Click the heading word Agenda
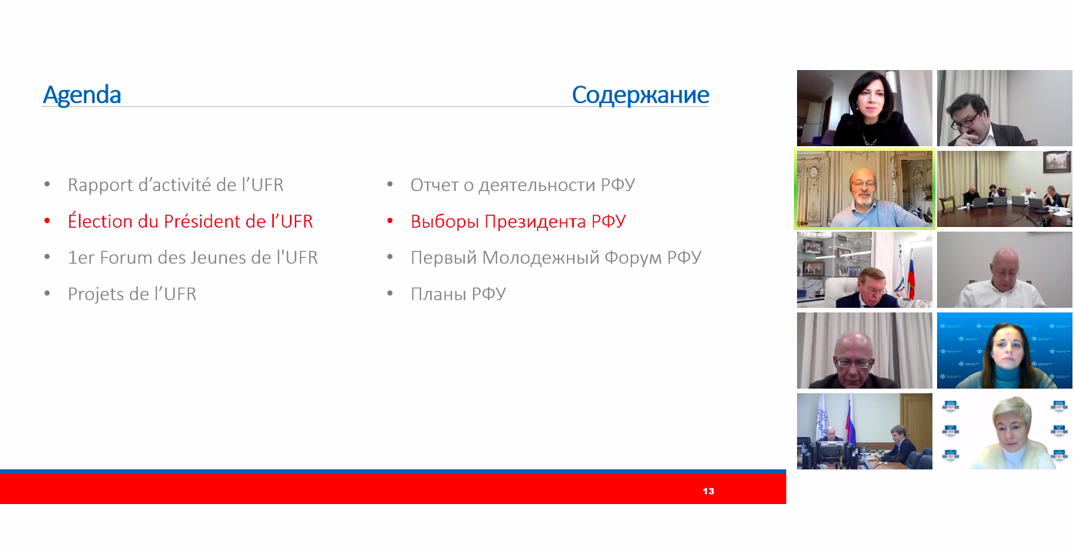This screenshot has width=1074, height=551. tap(82, 95)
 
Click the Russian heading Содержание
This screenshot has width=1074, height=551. tap(640, 95)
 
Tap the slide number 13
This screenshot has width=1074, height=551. tap(708, 491)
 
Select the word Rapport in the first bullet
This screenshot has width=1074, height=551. tap(100, 185)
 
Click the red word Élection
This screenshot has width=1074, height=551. tap(100, 221)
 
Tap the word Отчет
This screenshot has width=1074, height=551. tap(434, 185)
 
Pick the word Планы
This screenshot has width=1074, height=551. tap(438, 294)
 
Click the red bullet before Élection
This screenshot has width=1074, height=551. tap(47, 221)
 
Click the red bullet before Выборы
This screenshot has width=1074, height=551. tap(390, 221)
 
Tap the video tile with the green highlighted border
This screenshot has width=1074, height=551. tap(865, 189)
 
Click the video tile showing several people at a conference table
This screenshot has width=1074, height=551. tap(1004, 189)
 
